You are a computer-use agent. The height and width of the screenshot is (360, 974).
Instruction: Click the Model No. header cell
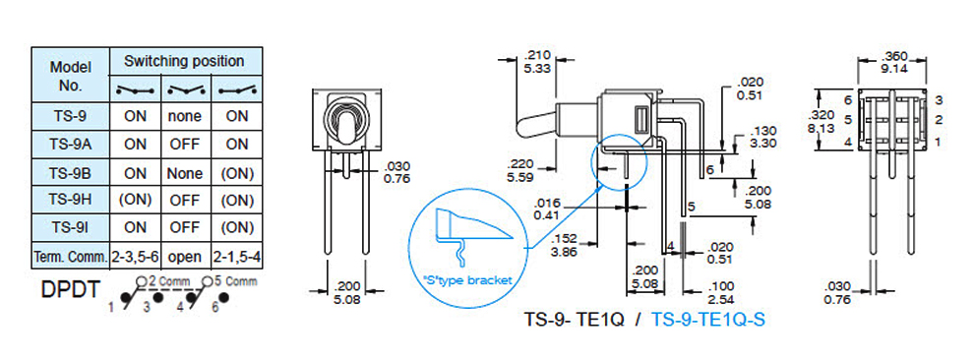(70, 75)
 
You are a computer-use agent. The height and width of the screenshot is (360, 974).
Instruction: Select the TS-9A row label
(70, 145)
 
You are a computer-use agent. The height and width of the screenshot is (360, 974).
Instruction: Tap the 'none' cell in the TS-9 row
(185, 117)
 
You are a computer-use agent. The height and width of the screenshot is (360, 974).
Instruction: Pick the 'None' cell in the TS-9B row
(185, 173)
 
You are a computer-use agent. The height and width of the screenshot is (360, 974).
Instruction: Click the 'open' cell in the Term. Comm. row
(185, 257)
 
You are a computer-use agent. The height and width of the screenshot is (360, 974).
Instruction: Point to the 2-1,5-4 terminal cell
(237, 257)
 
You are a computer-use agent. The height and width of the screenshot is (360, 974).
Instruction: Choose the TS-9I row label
(70, 228)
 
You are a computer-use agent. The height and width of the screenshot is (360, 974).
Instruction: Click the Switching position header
(185, 61)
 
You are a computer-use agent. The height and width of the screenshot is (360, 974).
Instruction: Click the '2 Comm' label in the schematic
(167, 281)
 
